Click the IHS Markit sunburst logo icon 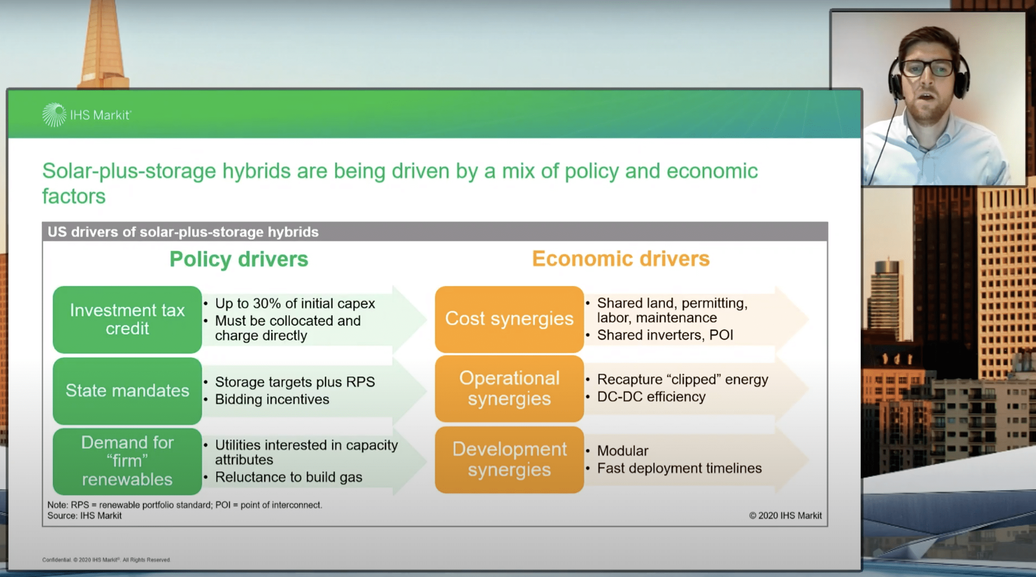click(x=54, y=115)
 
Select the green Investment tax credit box click(x=127, y=320)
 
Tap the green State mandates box click(x=127, y=391)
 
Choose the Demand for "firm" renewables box click(x=127, y=461)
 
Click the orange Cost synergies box click(x=509, y=319)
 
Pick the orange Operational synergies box click(x=509, y=389)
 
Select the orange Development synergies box click(x=509, y=460)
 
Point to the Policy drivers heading click(x=239, y=259)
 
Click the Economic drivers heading click(x=621, y=259)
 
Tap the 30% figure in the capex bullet click(x=267, y=303)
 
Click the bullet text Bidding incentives click(x=272, y=399)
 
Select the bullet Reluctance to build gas click(x=289, y=477)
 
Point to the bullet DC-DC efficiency click(x=651, y=397)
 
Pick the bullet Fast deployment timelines click(x=679, y=468)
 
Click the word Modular click(x=623, y=451)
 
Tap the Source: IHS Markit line click(x=85, y=515)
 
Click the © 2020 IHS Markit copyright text click(x=785, y=515)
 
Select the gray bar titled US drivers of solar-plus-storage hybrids click(x=435, y=232)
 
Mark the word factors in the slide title click(x=74, y=196)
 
